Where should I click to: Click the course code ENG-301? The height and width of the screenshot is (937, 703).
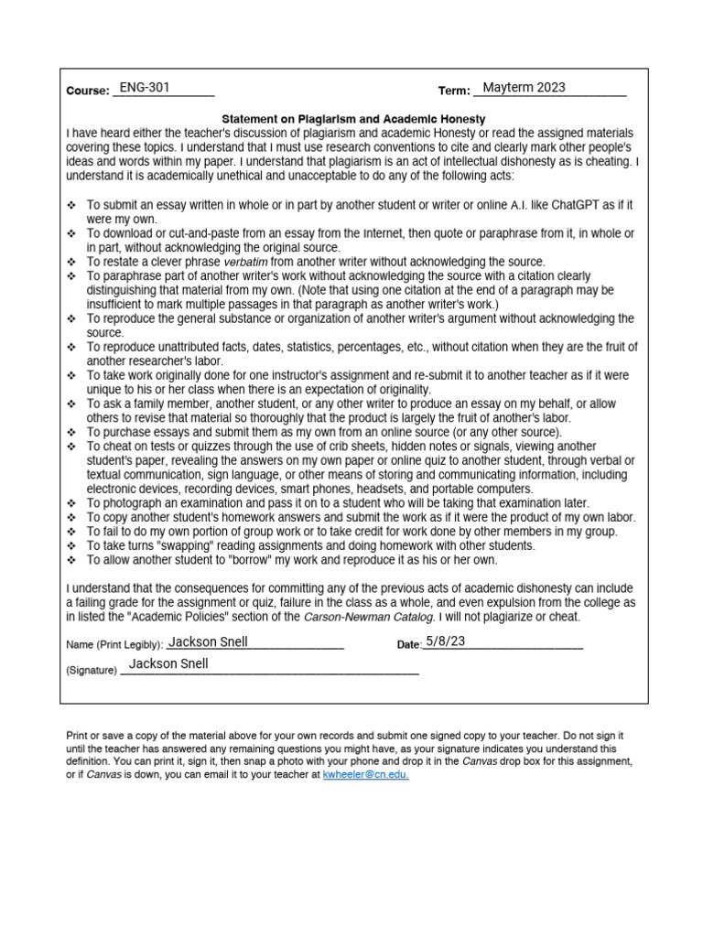145,88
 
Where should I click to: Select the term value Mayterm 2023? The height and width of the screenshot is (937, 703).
524,88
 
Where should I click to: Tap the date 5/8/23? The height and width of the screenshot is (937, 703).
445,641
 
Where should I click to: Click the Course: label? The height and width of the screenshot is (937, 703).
88,92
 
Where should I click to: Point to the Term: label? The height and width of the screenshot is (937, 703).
454,92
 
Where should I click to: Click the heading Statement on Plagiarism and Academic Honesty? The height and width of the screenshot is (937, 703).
354,119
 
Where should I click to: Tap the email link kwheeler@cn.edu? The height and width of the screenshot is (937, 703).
366,774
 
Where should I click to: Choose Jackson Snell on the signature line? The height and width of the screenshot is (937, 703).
168,664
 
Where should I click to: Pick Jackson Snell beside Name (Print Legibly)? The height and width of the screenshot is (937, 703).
208,641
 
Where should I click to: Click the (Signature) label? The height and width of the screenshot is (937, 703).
92,670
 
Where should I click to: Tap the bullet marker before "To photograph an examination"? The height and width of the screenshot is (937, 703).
72,503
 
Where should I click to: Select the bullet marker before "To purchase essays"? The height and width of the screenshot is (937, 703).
72,432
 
